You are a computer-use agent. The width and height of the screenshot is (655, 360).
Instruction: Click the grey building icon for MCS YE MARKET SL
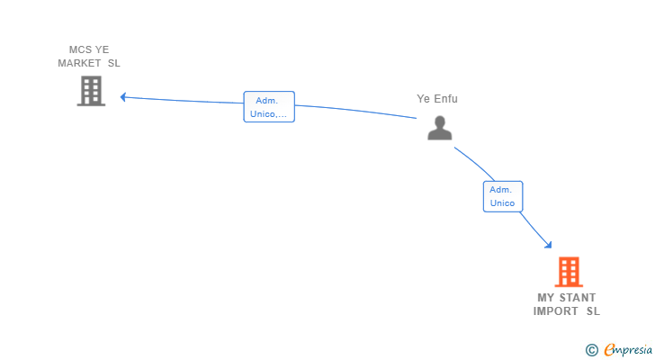coord(91,91)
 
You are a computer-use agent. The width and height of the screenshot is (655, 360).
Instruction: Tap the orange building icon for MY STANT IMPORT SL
coord(568,272)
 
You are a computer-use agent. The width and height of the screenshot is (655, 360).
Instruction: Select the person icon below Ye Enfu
coord(439,128)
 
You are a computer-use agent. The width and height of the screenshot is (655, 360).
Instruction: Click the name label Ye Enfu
coord(437,99)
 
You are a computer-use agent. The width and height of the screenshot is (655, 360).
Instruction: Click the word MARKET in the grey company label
coord(79,63)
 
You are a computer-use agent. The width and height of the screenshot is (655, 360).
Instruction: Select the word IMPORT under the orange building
coord(555,311)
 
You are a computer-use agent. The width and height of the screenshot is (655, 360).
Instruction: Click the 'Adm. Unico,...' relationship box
coord(269,107)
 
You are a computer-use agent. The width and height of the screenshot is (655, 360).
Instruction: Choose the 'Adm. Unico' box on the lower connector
coord(502,196)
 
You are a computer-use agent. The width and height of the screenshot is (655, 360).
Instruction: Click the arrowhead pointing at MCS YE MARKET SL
coord(123,97)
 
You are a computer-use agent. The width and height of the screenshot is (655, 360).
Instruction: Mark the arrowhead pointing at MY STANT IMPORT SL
coord(548,244)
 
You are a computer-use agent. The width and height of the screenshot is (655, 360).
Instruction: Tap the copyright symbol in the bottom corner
coord(591,350)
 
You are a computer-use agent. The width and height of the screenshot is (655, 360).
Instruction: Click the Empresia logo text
coord(626,350)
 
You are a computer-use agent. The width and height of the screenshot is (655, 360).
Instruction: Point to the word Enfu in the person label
coord(446,99)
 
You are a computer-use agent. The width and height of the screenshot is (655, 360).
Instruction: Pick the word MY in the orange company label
coord(546,298)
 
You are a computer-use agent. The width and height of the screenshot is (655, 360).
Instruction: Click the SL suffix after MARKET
coord(113,63)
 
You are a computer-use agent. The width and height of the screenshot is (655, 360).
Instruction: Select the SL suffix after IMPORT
coord(592,311)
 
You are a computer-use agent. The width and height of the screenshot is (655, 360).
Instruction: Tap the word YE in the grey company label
coord(103,49)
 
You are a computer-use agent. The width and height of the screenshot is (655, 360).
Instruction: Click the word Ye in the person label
coord(423,99)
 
